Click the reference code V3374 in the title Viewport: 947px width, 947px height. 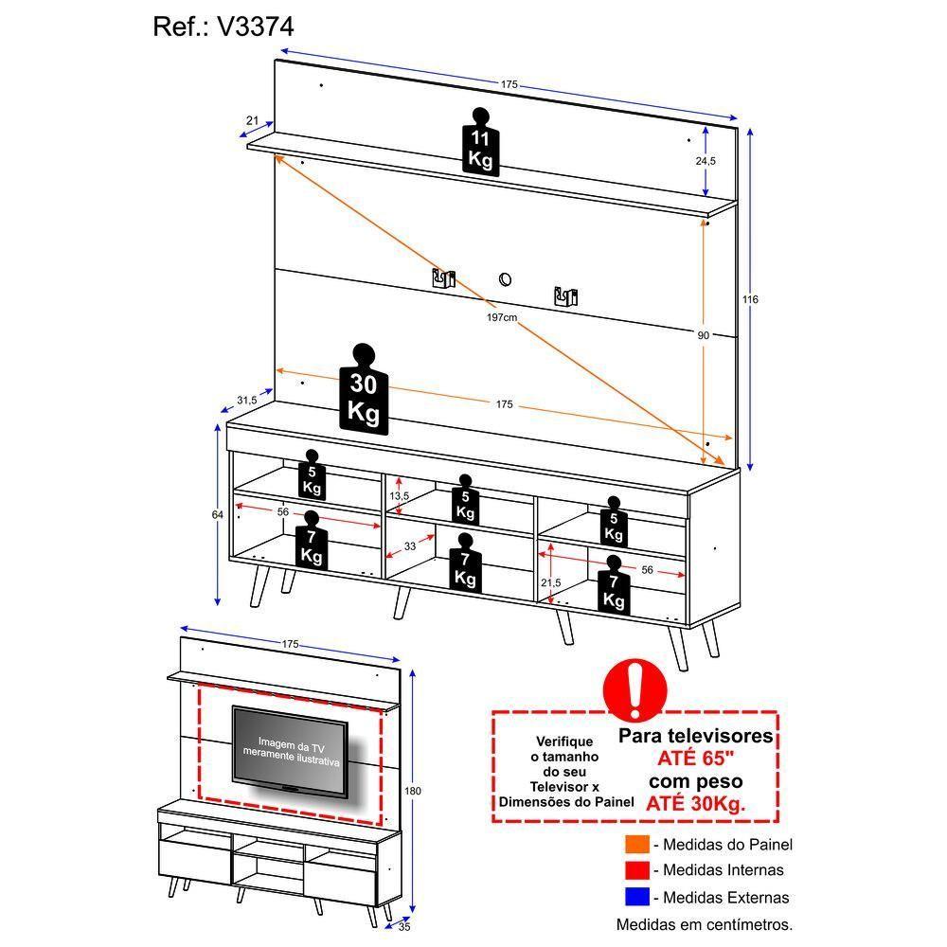(x=256, y=27)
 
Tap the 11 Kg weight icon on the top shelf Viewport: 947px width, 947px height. (x=481, y=143)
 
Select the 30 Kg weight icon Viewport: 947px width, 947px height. (x=364, y=389)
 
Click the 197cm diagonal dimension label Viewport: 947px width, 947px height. (x=502, y=317)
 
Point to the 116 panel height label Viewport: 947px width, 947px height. (x=750, y=299)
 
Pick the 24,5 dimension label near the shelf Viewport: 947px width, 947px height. (x=706, y=161)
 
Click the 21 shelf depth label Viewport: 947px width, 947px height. (x=253, y=120)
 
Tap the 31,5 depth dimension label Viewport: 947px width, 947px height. (x=246, y=400)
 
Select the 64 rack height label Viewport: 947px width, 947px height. (x=218, y=514)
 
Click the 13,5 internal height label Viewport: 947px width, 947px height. (x=400, y=496)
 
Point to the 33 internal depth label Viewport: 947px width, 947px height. (x=410, y=546)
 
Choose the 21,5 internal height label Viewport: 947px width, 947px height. (x=551, y=582)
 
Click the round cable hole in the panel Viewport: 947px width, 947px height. (x=505, y=279)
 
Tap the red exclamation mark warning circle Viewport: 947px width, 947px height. (x=635, y=689)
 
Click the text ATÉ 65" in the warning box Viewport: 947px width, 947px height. (x=696, y=758)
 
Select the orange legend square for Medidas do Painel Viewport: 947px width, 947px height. (x=637, y=844)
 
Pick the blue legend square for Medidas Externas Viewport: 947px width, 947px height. (x=637, y=896)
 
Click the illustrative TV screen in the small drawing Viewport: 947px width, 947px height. (x=290, y=751)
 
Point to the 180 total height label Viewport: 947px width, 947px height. (x=413, y=791)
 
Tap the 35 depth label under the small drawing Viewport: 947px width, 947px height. (x=404, y=926)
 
